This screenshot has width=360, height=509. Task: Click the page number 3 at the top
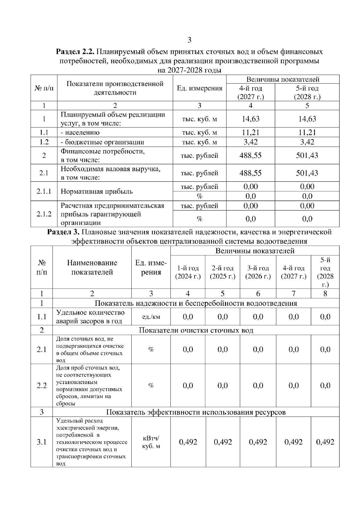click(x=189, y=40)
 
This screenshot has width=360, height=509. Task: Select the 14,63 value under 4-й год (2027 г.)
click(x=250, y=119)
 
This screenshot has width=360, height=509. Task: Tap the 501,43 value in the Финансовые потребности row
click(x=307, y=156)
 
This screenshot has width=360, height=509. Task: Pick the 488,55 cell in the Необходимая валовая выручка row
click(x=250, y=173)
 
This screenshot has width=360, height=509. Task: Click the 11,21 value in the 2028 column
click(x=307, y=132)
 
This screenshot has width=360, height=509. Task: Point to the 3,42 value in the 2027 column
click(x=250, y=142)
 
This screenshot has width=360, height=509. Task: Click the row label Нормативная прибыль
click(x=97, y=192)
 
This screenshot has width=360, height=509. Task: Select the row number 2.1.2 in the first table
click(x=44, y=214)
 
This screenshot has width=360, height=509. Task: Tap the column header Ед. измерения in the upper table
click(x=199, y=88)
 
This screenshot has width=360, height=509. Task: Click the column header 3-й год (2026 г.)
click(x=258, y=272)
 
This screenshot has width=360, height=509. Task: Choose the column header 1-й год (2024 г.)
click(x=188, y=272)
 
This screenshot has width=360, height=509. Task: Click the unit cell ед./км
click(x=151, y=317)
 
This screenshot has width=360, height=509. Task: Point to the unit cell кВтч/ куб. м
click(x=151, y=442)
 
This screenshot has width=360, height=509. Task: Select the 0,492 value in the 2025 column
click(x=223, y=442)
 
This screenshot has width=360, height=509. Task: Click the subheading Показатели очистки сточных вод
click(x=196, y=330)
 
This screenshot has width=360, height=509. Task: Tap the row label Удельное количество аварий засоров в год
click(x=90, y=317)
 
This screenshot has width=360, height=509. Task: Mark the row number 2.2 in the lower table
click(x=42, y=385)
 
